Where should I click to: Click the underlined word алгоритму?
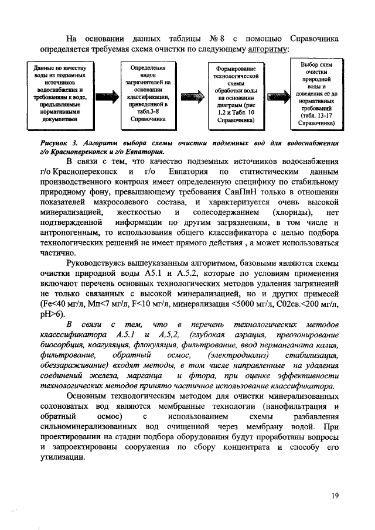coord(267,50)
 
